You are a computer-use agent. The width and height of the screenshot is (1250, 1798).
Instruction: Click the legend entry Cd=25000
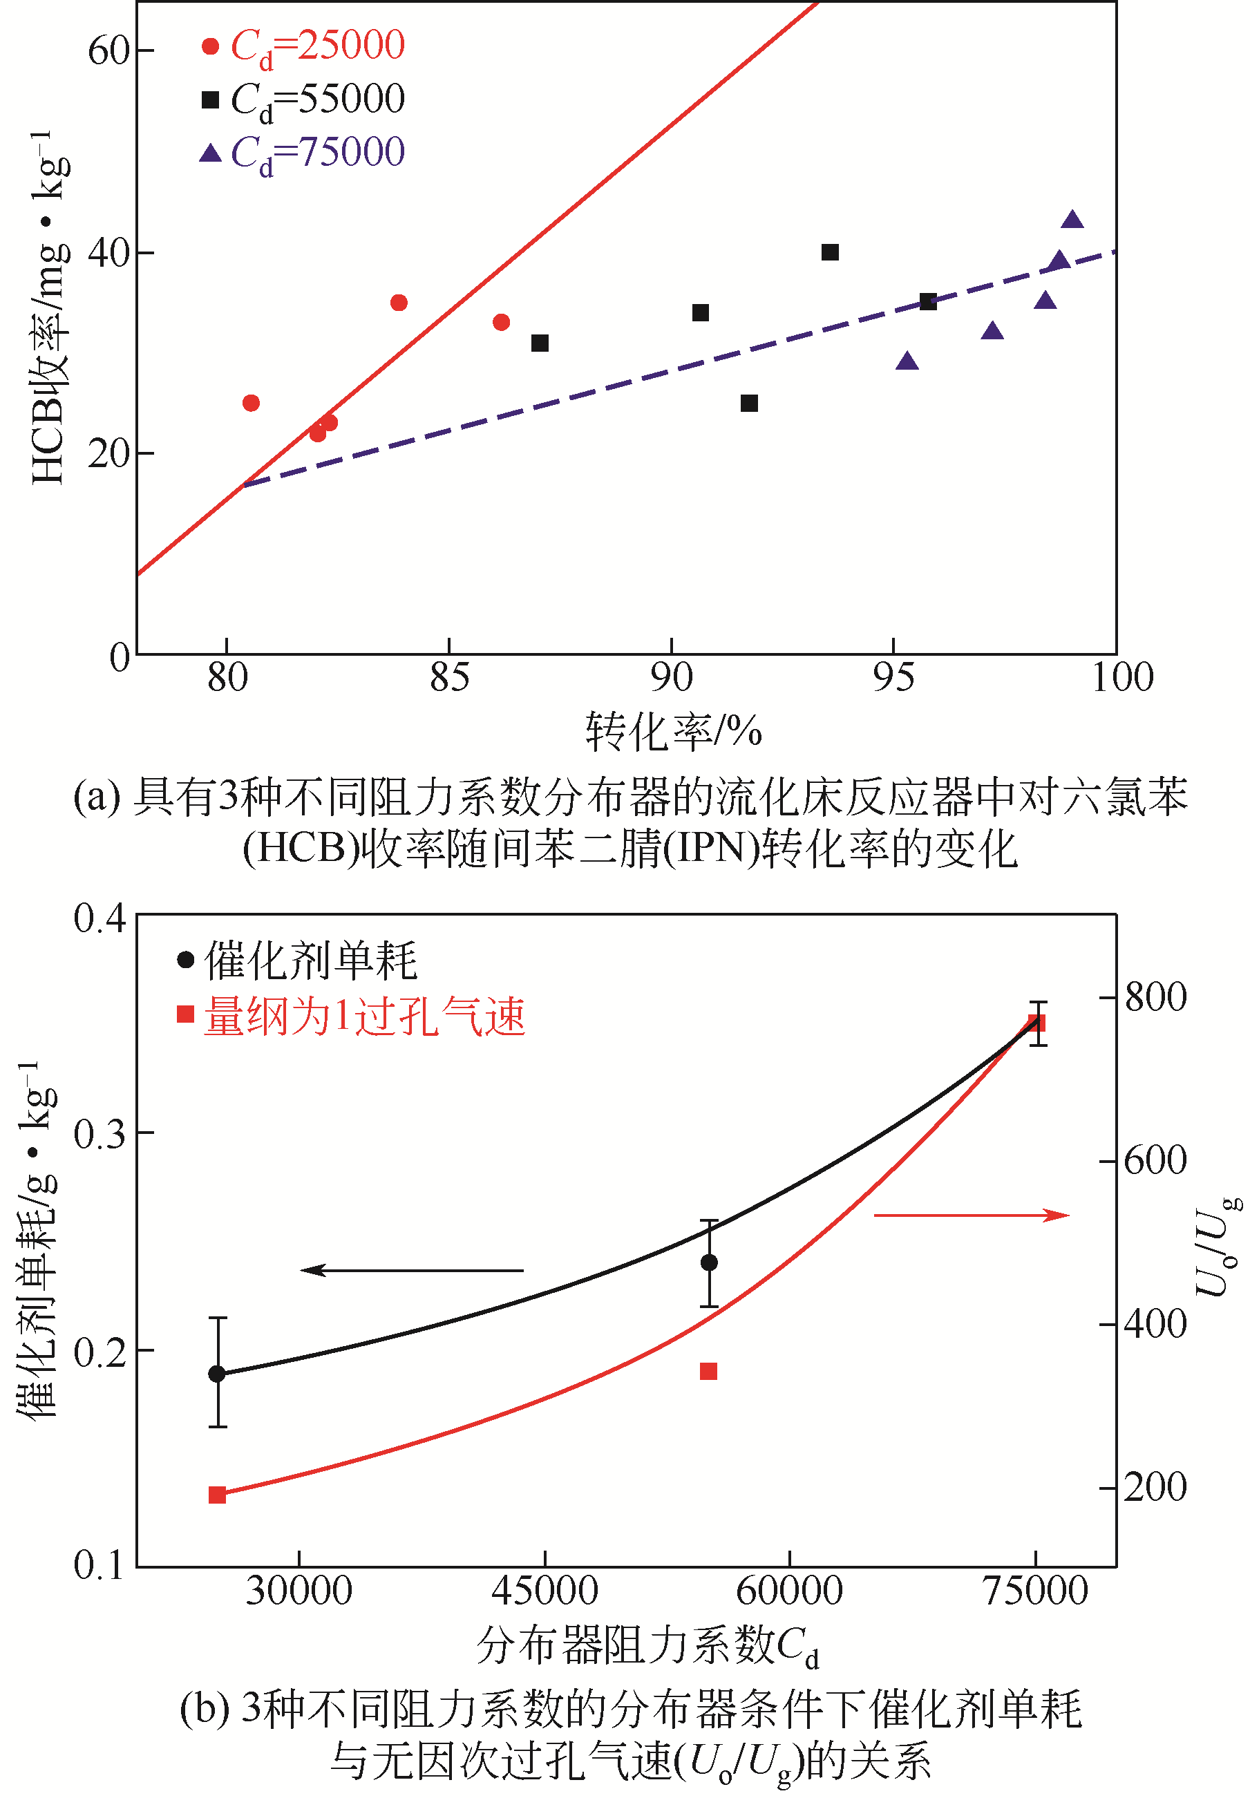pos(304,46)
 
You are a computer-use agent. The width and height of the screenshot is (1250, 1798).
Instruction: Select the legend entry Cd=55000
pos(304,100)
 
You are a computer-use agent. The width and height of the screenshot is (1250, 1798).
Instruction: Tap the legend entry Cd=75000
pos(304,153)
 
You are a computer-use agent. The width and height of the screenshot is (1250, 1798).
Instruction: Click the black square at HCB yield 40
pos(830,252)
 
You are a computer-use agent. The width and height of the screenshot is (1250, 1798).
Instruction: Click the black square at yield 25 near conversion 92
pos(749,404)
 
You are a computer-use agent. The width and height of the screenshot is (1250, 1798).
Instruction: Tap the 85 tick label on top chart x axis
pos(448,678)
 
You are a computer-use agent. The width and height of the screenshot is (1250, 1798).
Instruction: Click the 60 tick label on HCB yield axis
pos(108,51)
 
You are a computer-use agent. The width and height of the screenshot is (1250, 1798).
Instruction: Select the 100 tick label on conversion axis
pos(1121,678)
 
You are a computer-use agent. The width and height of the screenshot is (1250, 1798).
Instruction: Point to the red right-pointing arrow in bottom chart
pos(971,1215)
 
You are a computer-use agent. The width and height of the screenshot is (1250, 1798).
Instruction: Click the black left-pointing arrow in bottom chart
pos(412,1270)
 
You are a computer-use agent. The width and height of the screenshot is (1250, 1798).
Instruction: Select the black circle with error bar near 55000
pos(709,1262)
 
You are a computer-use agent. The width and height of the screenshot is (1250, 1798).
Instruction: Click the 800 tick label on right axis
pos(1155,998)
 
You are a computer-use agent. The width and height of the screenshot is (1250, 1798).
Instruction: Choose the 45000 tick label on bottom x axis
pos(544,1591)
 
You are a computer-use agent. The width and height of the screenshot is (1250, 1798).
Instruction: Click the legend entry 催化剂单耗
pos(298,961)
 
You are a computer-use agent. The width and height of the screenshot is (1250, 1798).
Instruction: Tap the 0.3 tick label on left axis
pos(100,1134)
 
